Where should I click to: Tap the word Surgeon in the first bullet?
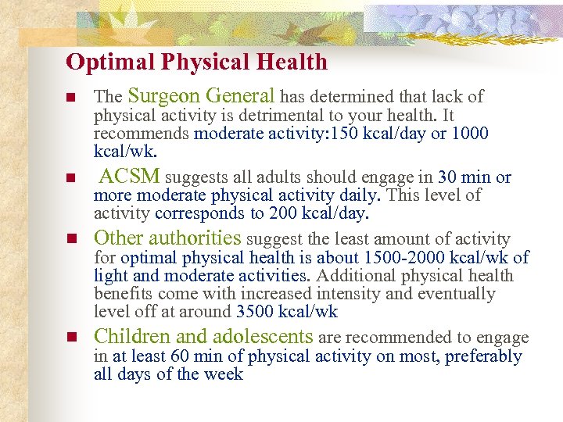162,96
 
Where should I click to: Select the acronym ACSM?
131,177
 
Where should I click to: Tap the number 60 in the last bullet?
179,356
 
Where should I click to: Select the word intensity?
350,294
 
